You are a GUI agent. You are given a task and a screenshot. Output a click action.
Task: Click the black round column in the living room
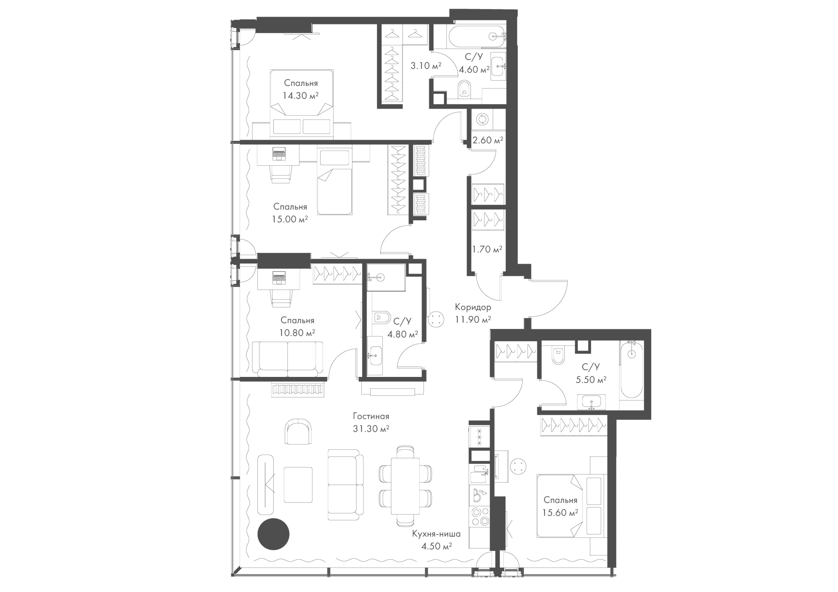pos(274,534)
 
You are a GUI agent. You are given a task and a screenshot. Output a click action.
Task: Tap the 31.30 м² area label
pos(371,429)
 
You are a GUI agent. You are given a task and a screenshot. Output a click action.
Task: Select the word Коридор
pos(473,307)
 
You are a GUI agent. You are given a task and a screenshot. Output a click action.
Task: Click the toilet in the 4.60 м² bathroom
pos(464,89)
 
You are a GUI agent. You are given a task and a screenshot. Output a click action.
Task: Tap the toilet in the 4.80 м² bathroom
pos(382,317)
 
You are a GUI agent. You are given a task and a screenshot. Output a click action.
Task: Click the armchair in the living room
pos(298,431)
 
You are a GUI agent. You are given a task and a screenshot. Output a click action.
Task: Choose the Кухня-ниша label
pos(436,534)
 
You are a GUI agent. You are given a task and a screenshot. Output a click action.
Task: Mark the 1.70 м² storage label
pos(487,250)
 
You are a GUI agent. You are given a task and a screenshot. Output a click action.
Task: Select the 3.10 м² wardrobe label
pos(426,66)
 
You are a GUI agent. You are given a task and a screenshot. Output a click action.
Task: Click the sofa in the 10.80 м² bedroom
pos(288,359)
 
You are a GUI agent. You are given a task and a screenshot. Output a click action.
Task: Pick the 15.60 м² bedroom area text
pos(560,513)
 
